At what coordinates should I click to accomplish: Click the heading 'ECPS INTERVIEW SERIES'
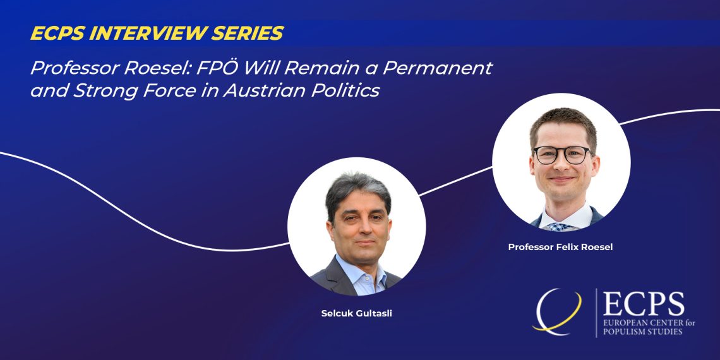[157, 33]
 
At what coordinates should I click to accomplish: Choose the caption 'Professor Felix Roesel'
[560, 247]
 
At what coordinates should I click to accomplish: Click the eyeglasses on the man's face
[563, 154]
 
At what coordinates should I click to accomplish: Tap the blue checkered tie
[560, 226]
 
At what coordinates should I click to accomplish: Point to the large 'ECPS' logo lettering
[644, 304]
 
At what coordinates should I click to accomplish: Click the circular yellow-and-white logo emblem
[557, 311]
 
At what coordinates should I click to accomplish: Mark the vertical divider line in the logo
[596, 313]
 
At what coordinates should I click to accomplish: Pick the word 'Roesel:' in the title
[157, 68]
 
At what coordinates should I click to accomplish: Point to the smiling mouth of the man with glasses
[561, 179]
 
